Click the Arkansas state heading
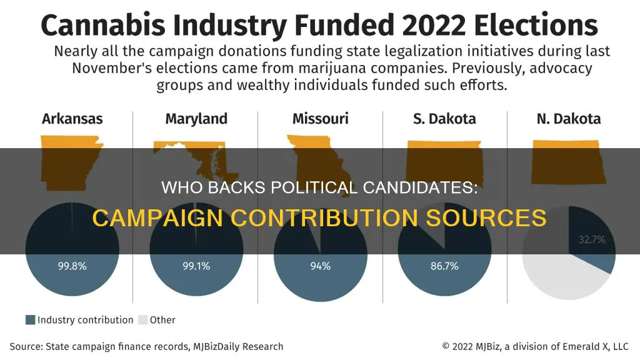click(72, 119)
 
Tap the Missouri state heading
click(320, 119)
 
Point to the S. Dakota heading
click(444, 119)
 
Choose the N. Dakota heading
click(568, 119)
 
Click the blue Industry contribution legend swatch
click(30, 320)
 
